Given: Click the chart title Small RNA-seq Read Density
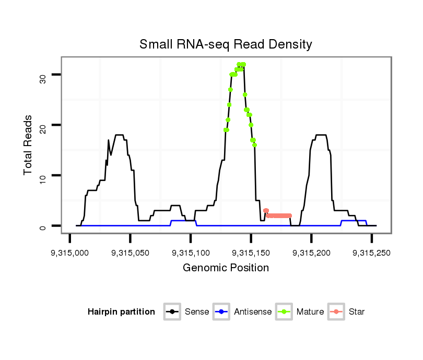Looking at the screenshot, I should [x=226, y=44].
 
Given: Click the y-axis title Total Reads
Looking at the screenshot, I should [x=29, y=145].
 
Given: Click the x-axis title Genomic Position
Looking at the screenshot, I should [x=226, y=268].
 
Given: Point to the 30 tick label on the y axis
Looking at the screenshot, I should [x=43, y=78].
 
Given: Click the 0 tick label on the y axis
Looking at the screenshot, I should [x=43, y=227].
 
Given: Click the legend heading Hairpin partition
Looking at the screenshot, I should [x=121, y=312].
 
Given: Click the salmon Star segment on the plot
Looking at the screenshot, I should [x=279, y=215].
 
